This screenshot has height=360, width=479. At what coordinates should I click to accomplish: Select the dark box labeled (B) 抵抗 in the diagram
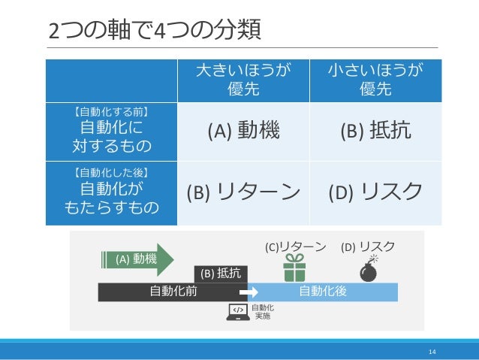tap(218, 274)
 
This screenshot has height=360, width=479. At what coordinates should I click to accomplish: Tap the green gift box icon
tap(293, 268)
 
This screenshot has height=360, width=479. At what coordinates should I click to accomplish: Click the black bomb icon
tap(369, 268)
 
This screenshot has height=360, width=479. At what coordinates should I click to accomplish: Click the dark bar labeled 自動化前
tap(173, 292)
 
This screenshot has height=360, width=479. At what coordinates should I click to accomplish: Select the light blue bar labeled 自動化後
tap(323, 292)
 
